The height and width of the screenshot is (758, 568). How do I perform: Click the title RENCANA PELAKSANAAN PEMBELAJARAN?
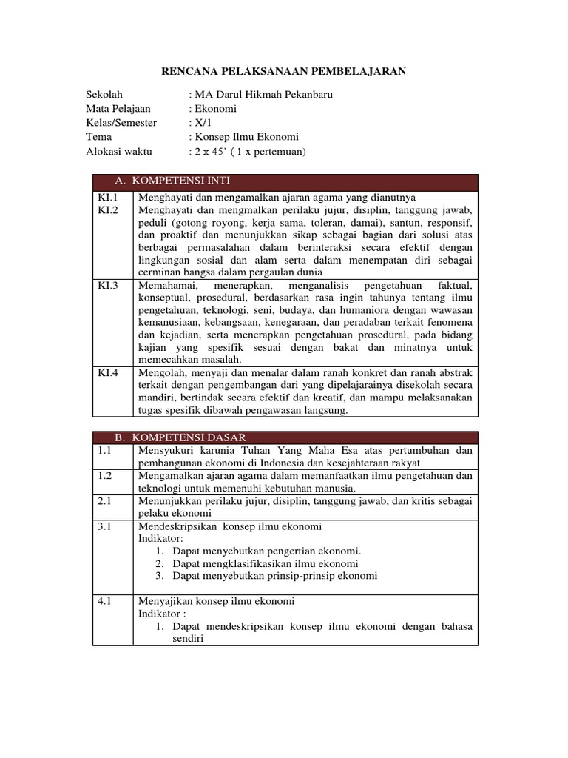tap(284, 71)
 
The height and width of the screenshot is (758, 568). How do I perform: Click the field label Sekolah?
tap(104, 95)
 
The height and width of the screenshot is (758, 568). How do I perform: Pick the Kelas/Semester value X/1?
tap(201, 123)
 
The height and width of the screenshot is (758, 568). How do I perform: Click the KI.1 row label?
tap(108, 198)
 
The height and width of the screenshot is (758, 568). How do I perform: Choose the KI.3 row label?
tap(108, 286)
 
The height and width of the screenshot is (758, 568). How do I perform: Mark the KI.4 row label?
tap(108, 373)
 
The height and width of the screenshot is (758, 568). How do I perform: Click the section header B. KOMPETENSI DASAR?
tap(180, 437)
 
